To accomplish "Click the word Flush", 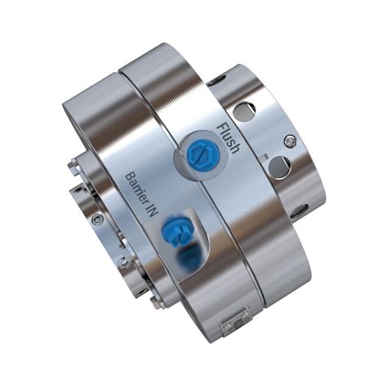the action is (x=229, y=138).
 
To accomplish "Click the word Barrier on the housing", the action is (x=136, y=188).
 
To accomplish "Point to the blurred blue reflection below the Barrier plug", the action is (x=188, y=260).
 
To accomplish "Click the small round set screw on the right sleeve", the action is (x=289, y=140).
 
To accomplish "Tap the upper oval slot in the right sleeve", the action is (x=244, y=110).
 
